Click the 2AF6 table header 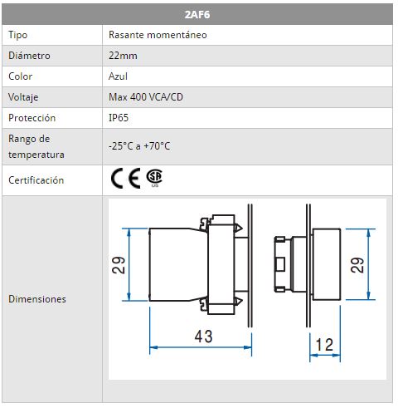point(197,14)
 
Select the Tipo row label point(18,35)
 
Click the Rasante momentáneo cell point(158,35)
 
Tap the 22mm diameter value point(123,56)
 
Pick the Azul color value point(118,76)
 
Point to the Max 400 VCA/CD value point(146,97)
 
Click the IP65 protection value point(119,118)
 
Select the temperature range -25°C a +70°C point(139,146)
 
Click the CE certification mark point(125,179)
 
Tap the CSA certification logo point(154,177)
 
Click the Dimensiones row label point(37,299)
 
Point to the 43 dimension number point(203,337)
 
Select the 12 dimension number point(324,345)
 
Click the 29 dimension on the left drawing point(119,265)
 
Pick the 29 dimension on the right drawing point(357,265)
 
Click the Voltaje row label point(23,97)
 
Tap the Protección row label point(32,118)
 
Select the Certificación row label point(36,180)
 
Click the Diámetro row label point(29,56)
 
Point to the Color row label point(20,76)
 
